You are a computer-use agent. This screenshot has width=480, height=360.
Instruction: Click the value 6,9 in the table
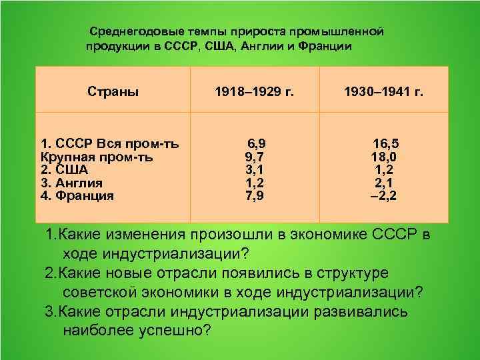[x=256, y=144]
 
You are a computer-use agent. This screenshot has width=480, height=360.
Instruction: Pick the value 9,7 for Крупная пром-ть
[x=255, y=157]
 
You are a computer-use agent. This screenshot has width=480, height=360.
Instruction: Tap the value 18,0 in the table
[x=385, y=157]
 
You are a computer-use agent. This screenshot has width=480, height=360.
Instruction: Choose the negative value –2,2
[x=384, y=196]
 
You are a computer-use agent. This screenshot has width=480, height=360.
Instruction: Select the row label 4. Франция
[x=77, y=196]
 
